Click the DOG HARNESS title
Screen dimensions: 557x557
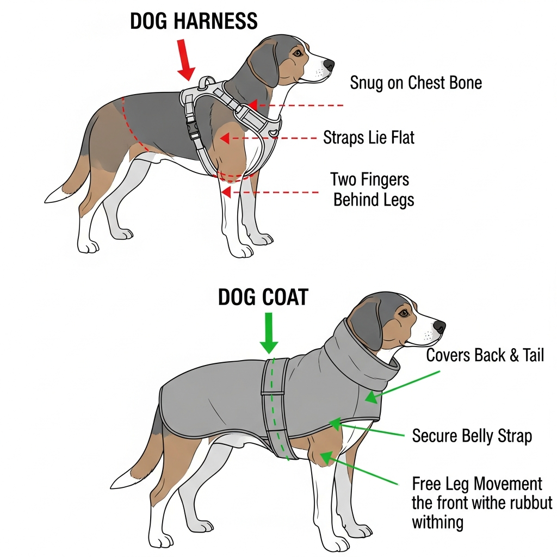pyautogui.click(x=194, y=21)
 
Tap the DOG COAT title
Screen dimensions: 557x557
pyautogui.click(x=263, y=298)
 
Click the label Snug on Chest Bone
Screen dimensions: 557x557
pyautogui.click(x=416, y=83)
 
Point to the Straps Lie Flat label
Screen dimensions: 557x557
pyautogui.click(x=369, y=137)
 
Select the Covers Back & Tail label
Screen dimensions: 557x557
pyautogui.click(x=485, y=355)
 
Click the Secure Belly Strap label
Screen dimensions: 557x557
pyautogui.click(x=472, y=436)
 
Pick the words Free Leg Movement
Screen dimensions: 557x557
pyautogui.click(x=477, y=484)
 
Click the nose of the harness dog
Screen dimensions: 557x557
pyautogui.click(x=329, y=65)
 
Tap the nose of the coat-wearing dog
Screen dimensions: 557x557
pyautogui.click(x=439, y=327)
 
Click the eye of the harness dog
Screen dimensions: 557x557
pyautogui.click(x=297, y=53)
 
